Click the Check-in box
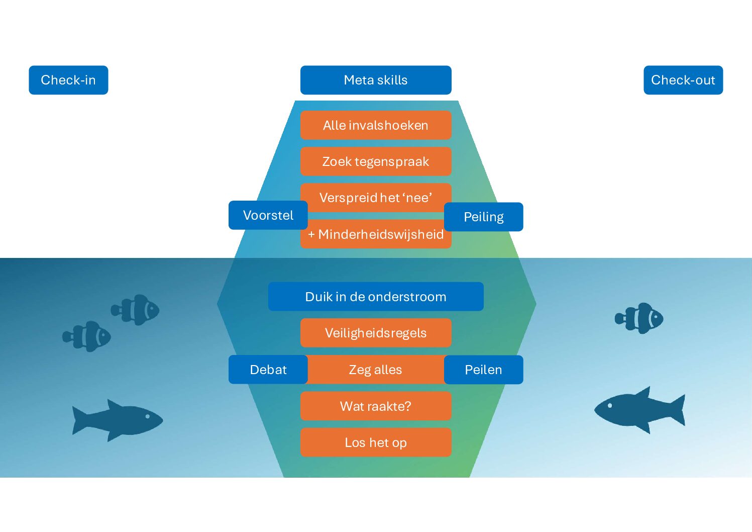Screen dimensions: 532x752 pyautogui.click(x=68, y=80)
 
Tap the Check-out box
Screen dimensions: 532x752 pyautogui.click(x=683, y=80)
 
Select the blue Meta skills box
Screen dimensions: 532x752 pyautogui.click(x=376, y=80)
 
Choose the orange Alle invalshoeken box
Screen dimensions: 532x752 pyautogui.click(x=376, y=125)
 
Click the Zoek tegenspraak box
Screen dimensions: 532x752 pyautogui.click(x=376, y=161)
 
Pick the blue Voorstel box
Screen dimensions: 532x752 pyautogui.click(x=268, y=215)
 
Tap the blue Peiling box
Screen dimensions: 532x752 pyautogui.click(x=483, y=217)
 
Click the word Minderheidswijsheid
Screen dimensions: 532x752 pyautogui.click(x=381, y=234)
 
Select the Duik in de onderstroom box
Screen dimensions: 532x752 pyautogui.click(x=376, y=297)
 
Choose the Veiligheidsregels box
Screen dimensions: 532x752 pyautogui.click(x=376, y=333)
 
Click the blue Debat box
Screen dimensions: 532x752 pyautogui.click(x=268, y=370)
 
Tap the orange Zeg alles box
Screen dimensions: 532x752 pyautogui.click(x=376, y=370)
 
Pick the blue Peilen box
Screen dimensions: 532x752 pyautogui.click(x=483, y=370)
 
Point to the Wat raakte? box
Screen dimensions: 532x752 pyautogui.click(x=376, y=406)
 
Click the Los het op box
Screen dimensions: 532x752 pyautogui.click(x=376, y=442)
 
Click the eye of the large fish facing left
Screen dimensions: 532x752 pyautogui.click(x=610, y=405)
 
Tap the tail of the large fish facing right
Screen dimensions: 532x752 pyautogui.click(x=79, y=420)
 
